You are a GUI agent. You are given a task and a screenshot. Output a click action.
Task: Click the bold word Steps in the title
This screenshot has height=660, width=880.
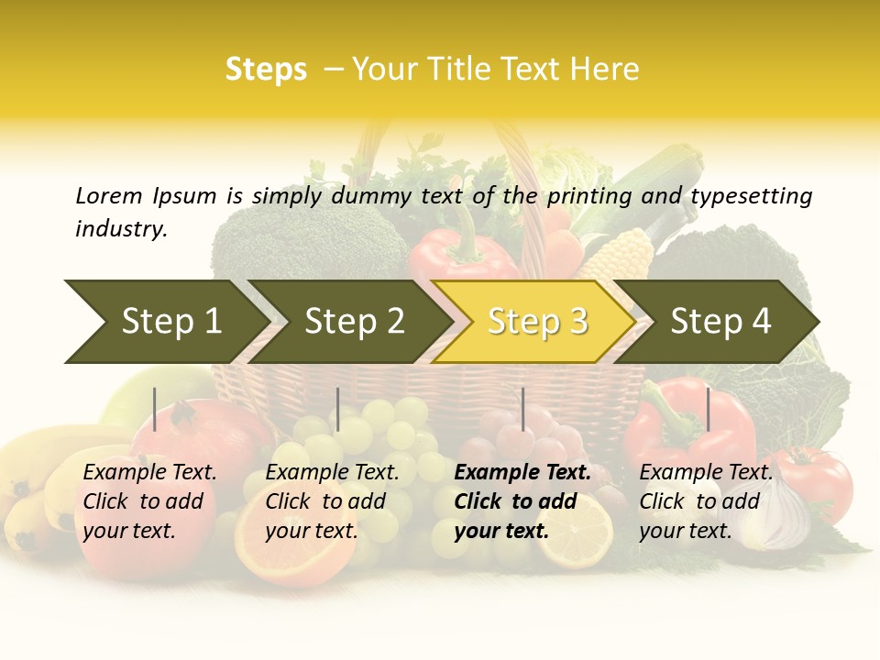point(266,70)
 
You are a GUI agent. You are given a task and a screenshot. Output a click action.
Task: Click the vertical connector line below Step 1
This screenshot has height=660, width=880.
point(155,409)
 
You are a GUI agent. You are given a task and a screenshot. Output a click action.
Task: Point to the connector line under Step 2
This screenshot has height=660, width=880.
point(338,409)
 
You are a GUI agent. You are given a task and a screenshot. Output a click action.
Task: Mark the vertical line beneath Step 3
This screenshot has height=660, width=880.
point(523,409)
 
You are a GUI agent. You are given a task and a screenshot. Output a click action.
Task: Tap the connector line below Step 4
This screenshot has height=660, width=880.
point(708,409)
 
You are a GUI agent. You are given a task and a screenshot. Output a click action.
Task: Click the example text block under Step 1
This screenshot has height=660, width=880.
point(149,501)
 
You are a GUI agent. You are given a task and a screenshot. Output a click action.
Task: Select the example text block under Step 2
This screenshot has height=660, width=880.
point(332,501)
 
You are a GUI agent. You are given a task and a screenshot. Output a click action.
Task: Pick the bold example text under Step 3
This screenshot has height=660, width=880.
point(522,501)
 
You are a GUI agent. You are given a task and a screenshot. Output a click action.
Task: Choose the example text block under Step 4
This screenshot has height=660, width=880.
point(706,501)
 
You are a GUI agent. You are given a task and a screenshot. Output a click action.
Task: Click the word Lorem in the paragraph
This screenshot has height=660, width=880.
point(109,196)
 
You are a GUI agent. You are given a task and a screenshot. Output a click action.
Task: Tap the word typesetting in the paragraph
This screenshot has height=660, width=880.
point(751,196)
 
